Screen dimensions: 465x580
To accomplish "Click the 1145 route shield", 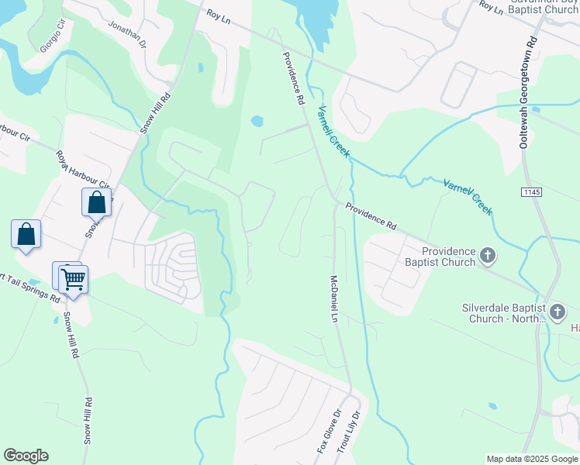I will [531, 191].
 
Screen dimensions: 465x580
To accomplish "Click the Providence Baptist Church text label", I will [448, 257].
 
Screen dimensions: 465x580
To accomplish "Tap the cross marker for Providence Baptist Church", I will [488, 254].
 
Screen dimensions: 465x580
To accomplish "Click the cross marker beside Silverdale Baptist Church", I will [557, 312].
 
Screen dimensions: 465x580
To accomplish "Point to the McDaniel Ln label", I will [334, 298].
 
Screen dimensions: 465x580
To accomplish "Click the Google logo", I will [26, 456].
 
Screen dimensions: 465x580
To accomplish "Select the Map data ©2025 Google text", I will [531, 459].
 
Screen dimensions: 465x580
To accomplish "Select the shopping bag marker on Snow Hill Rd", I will [97, 202].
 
